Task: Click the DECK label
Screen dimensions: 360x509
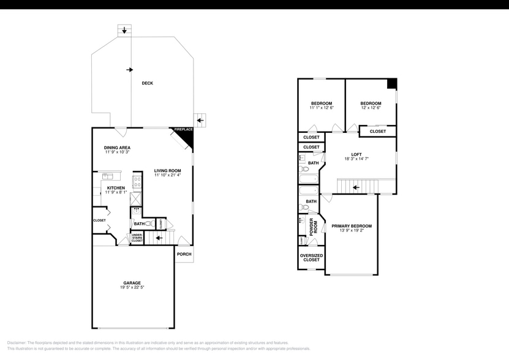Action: pyautogui.click(x=147, y=83)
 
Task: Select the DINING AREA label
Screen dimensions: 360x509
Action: pyautogui.click(x=116, y=148)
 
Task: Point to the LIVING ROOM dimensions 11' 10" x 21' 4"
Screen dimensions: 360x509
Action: pyautogui.click(x=167, y=175)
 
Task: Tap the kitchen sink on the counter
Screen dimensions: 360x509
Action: pyautogui.click(x=107, y=176)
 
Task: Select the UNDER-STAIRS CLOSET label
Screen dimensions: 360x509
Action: pyautogui.click(x=137, y=238)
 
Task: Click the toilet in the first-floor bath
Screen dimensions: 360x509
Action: pyautogui.click(x=149, y=224)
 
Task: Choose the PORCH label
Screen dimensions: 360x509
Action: pyautogui.click(x=184, y=254)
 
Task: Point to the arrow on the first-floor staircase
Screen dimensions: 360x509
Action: pyautogui.click(x=159, y=239)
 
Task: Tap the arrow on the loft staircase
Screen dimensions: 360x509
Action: pyautogui.click(x=356, y=187)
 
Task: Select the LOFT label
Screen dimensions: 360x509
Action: pyautogui.click(x=356, y=154)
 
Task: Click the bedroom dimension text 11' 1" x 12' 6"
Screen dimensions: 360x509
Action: pyautogui.click(x=321, y=108)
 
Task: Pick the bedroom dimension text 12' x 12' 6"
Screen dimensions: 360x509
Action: pyautogui.click(x=371, y=108)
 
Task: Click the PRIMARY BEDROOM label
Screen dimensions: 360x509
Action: pyautogui.click(x=352, y=226)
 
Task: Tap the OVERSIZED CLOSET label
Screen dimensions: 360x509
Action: pyautogui.click(x=311, y=257)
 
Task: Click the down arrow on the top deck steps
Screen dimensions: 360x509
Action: pyautogui.click(x=125, y=29)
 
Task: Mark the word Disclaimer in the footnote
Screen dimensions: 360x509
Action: pyautogui.click(x=18, y=343)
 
